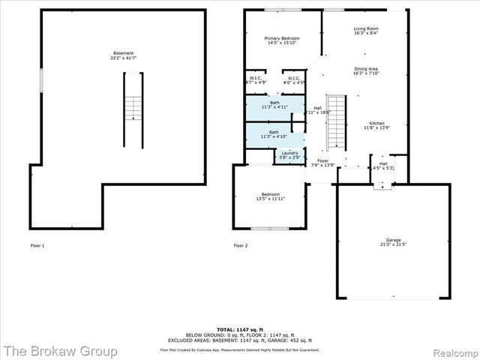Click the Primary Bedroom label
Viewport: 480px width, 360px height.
pyautogui.click(x=282, y=40)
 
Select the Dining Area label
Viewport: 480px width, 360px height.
pyautogui.click(x=366, y=70)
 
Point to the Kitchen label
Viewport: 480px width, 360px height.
pyautogui.click(x=376, y=125)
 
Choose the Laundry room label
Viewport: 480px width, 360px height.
pyautogui.click(x=289, y=155)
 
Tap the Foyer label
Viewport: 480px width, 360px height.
pyautogui.click(x=322, y=163)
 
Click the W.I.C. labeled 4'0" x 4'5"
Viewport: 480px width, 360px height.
pyautogui.click(x=292, y=80)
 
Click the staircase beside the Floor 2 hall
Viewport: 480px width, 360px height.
pyautogui.click(x=337, y=121)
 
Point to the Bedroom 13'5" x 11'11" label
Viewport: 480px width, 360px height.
pyautogui.click(x=270, y=196)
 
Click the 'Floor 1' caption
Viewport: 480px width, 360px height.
pyautogui.click(x=37, y=245)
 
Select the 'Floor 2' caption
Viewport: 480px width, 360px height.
pyautogui.click(x=241, y=245)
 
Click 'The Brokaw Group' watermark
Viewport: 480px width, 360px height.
pyautogui.click(x=60, y=350)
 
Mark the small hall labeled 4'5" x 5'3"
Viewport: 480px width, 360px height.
pyautogui.click(x=382, y=166)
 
